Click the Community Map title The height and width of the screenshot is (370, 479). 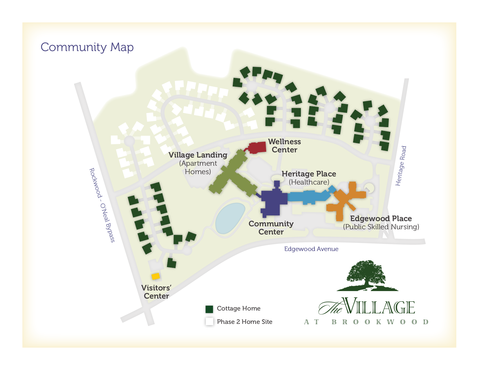[x=87, y=47]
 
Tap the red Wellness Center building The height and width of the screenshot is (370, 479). [x=258, y=147]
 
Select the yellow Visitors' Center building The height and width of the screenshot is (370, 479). [x=156, y=276]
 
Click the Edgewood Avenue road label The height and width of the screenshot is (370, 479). [x=311, y=249]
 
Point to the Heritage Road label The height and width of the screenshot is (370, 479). [x=401, y=166]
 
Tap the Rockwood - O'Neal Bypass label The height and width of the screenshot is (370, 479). [x=102, y=205]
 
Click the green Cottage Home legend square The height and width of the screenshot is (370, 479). [x=209, y=309]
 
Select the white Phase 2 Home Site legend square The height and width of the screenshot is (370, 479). [x=209, y=322]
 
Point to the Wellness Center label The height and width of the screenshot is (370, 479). [x=284, y=146]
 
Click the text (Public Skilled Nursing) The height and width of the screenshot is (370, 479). [x=381, y=227]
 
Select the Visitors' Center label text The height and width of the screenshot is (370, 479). [x=156, y=292]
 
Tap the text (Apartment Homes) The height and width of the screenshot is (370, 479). [x=198, y=167]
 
